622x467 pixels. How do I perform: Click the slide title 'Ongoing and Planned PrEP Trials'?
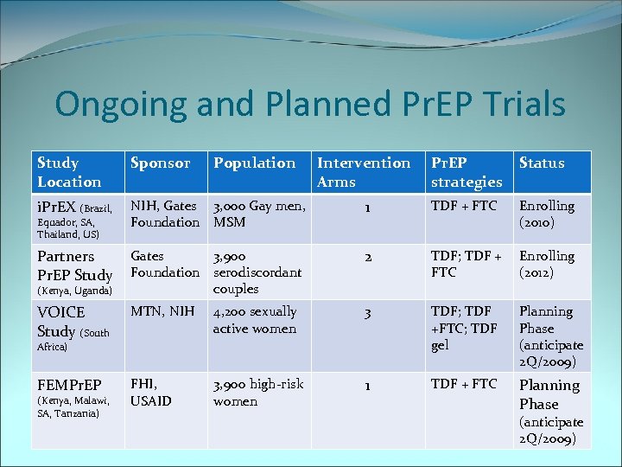[x=310, y=105]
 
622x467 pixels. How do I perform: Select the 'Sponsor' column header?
[x=159, y=163]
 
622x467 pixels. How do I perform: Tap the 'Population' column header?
[x=254, y=163]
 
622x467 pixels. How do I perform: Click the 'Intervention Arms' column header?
[x=364, y=171]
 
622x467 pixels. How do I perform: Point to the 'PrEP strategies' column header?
[x=466, y=171]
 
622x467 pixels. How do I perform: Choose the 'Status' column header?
[x=542, y=163]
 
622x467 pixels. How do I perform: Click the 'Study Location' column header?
[x=69, y=171]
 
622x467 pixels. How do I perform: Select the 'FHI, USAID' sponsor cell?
[x=151, y=392]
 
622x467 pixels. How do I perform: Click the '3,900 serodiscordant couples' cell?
[x=257, y=272]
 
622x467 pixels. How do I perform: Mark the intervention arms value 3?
[x=367, y=312]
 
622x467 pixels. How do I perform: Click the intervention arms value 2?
[x=367, y=257]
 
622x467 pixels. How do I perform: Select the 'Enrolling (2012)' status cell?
[x=546, y=264]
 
